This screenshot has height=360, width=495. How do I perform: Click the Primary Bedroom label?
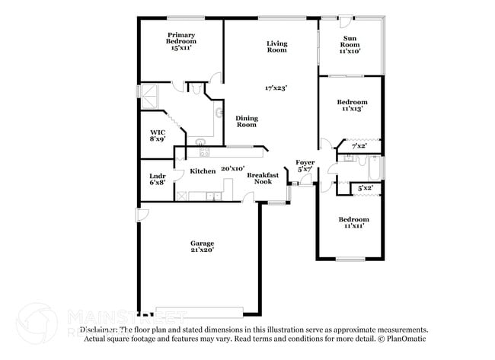[181, 41]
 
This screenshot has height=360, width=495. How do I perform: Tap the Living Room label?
[276, 46]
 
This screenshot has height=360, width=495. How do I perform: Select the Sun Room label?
[350, 44]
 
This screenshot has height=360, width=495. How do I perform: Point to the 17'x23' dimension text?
[276, 88]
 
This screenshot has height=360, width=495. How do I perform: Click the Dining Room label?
[247, 121]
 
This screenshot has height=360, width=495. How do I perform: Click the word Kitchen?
[203, 171]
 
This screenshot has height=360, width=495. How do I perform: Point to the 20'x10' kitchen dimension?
[232, 168]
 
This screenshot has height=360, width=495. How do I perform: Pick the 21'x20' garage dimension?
[202, 250]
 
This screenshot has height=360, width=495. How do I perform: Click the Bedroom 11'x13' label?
[353, 105]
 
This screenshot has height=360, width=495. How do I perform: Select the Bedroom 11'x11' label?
[353, 222]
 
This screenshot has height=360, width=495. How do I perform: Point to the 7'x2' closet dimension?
[359, 145]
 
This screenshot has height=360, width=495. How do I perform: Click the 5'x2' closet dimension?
[365, 187]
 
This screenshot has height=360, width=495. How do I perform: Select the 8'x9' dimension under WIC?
[158, 139]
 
